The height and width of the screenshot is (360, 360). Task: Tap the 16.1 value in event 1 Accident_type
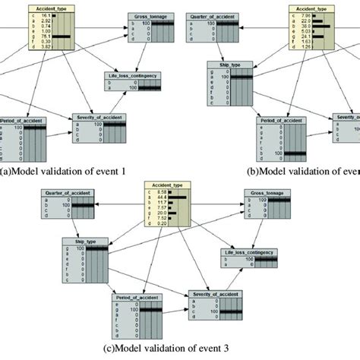pyautogui.click(x=46, y=14)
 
